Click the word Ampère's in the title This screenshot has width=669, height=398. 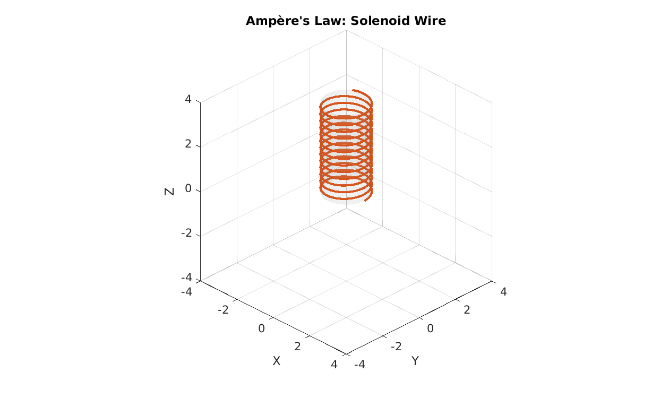coord(278,21)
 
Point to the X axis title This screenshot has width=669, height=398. coord(277,361)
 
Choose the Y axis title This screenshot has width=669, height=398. coord(415,361)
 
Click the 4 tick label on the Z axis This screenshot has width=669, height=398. coord(188,99)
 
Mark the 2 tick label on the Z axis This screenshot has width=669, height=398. coord(188,144)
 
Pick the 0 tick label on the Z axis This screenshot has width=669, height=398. coord(188,188)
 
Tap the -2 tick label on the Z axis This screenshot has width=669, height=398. coord(186,233)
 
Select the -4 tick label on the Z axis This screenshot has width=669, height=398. coord(186,278)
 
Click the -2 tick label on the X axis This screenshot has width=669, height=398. coord(223,310)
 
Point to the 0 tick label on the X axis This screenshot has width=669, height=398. coord(261,328)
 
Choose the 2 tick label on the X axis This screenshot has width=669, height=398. coord(297,347)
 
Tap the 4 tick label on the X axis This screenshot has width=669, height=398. coord(334,365)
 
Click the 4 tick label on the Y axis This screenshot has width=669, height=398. coord(503,292)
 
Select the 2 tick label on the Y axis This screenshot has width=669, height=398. coord(467,310)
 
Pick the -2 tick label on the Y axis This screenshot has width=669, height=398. coord(396,347)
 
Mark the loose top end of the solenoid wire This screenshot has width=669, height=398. coord(353,90)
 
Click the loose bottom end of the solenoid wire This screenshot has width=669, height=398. coord(365,201)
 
